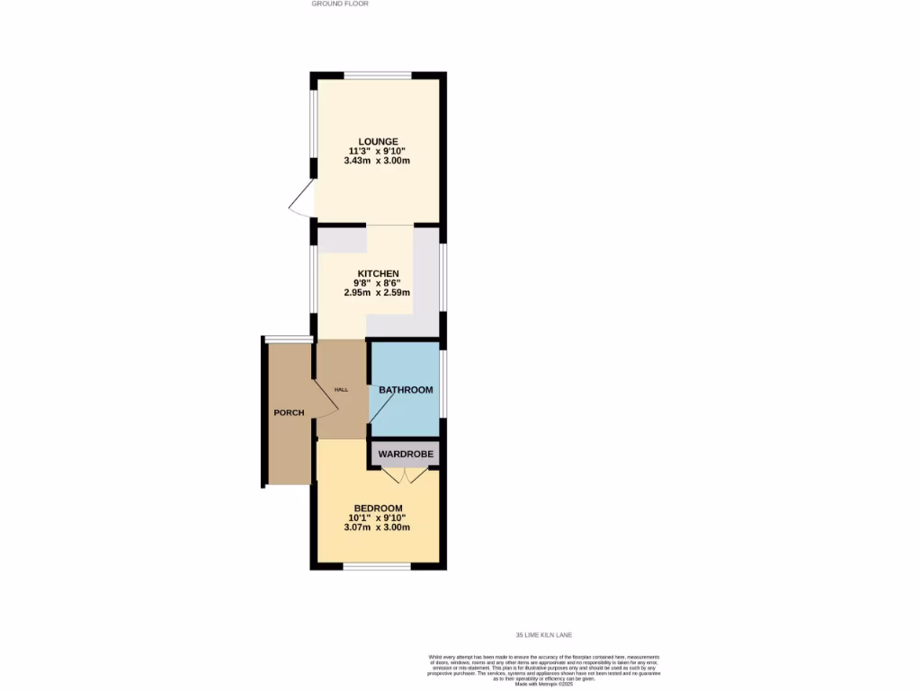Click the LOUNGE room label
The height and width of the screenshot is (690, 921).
tap(378, 141)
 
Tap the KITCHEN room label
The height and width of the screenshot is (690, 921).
tap(378, 273)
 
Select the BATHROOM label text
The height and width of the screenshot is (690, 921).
tap(406, 390)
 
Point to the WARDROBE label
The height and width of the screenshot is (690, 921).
tap(406, 455)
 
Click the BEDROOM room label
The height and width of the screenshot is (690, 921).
tap(378, 508)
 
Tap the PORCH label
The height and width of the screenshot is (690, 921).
tap(289, 413)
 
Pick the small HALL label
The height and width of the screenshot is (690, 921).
tap(341, 389)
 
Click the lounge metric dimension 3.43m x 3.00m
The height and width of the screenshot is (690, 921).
tap(377, 162)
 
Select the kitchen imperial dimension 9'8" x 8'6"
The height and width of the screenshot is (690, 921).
tap(377, 283)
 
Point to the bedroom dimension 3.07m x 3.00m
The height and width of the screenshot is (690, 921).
tap(377, 527)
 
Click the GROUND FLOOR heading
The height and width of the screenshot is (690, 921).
tap(340, 4)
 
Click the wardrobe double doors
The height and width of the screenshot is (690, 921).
tap(405, 475)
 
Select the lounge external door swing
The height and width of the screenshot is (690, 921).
tap(302, 199)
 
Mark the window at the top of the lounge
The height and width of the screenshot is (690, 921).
tap(378, 75)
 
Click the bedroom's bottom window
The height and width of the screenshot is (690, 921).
tap(377, 566)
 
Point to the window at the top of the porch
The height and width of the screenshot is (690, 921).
tap(288, 339)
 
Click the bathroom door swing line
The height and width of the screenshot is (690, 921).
tap(380, 410)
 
